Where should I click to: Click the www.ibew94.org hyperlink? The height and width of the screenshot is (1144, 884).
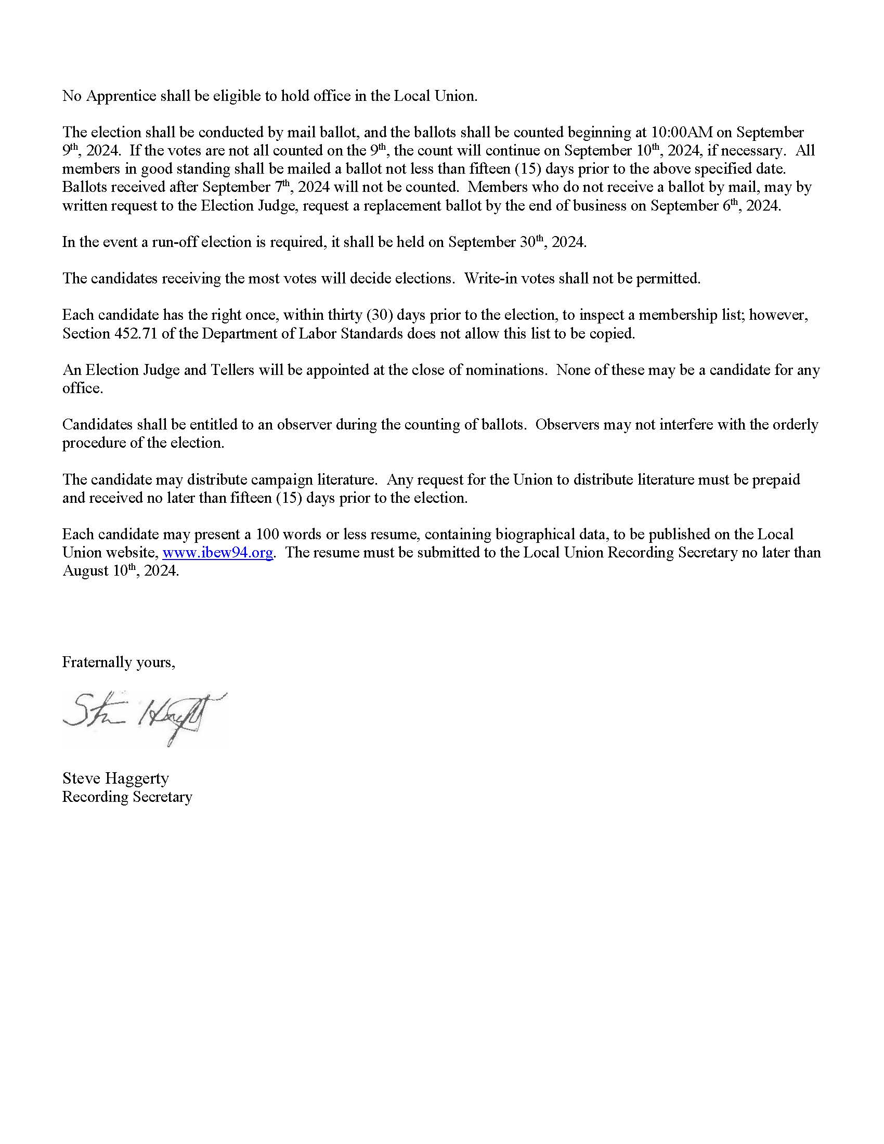point(218,553)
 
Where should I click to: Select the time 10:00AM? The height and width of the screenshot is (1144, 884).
point(682,132)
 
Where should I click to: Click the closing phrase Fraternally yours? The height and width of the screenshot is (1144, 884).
point(119,662)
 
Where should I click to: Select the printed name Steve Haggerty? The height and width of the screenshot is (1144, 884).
point(115,778)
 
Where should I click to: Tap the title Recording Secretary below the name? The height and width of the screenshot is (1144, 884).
point(127,797)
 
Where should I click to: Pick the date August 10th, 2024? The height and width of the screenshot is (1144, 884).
point(121,570)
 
